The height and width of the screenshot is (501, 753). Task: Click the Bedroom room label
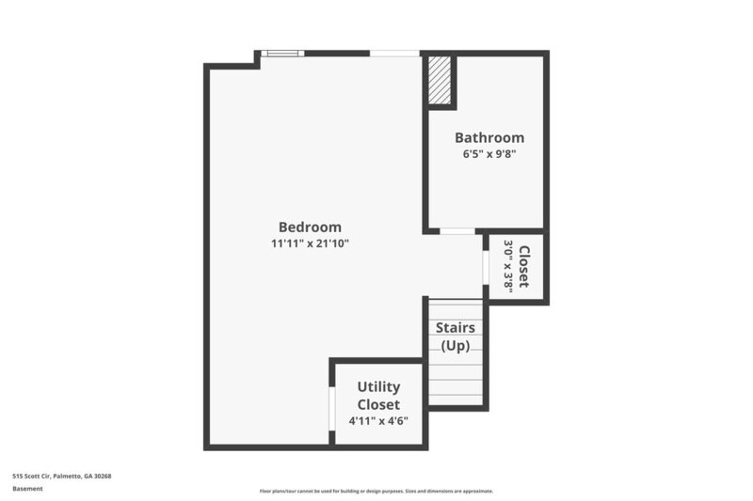[x=310, y=227]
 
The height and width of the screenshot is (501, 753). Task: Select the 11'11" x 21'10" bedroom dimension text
[x=310, y=244]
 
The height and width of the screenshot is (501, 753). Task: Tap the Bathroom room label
[x=489, y=137]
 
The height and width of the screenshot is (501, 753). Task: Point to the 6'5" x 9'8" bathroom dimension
[x=489, y=154]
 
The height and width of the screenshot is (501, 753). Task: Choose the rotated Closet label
[x=524, y=266]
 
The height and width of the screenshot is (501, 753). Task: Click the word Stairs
[x=455, y=328]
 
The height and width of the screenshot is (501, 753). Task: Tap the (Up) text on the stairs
[x=455, y=345]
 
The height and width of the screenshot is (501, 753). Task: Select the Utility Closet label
[x=378, y=396]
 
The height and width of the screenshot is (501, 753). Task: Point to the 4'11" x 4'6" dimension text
[x=378, y=420]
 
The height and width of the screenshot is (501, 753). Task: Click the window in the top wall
[x=281, y=54]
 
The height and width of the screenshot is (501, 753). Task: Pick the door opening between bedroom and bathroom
[x=457, y=230]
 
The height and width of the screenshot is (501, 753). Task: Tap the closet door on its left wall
[x=486, y=267]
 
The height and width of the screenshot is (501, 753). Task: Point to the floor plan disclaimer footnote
[x=376, y=492]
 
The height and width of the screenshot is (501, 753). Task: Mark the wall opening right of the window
[x=394, y=54]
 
